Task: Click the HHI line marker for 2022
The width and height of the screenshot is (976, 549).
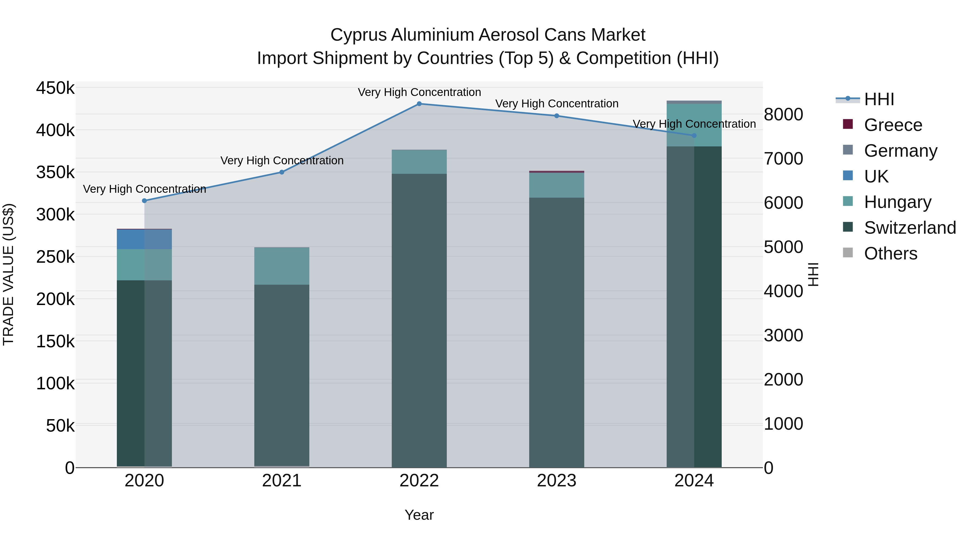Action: (419, 104)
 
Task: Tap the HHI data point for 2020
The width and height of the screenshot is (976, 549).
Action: (144, 201)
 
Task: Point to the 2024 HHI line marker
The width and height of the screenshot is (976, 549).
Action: (694, 136)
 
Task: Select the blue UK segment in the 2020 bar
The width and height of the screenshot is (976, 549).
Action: (144, 239)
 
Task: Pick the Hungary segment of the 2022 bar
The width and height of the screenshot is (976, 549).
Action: (419, 162)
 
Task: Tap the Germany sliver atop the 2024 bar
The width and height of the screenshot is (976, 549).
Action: (694, 102)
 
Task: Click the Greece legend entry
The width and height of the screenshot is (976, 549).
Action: (893, 125)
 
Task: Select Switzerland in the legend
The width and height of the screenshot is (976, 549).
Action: (910, 228)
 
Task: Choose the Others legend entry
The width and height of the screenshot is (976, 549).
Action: (890, 253)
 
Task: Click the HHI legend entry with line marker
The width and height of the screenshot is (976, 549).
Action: (879, 99)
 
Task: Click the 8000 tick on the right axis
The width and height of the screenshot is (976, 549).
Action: (783, 114)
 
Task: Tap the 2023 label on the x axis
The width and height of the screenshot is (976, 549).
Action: (557, 481)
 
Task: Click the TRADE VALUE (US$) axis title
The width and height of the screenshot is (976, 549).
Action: (8, 274)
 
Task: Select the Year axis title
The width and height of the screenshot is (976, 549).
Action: (419, 515)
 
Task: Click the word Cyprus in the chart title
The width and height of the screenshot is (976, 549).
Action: (358, 35)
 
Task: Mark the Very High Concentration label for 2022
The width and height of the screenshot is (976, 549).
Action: (419, 92)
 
